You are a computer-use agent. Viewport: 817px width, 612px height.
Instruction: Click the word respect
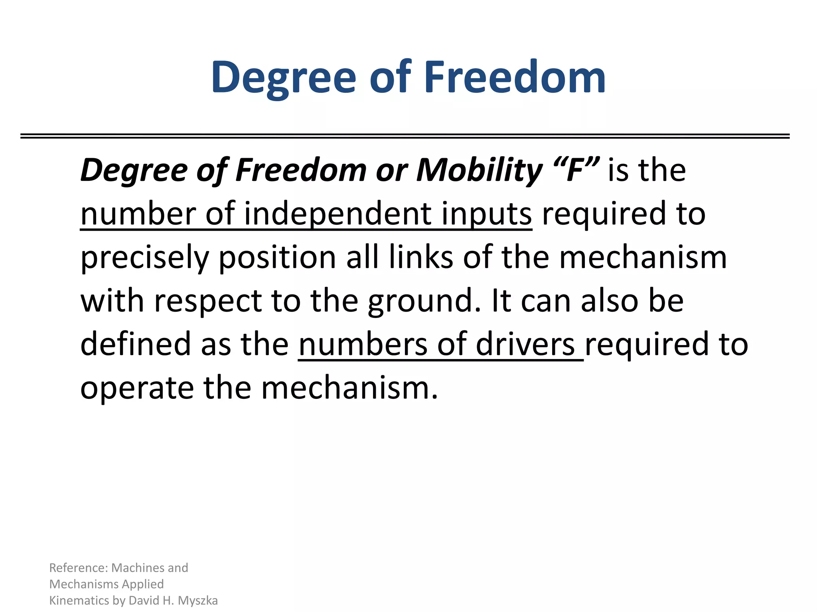208,301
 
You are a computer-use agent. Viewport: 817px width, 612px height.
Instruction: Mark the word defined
136,344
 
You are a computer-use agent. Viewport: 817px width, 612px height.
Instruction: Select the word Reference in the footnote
78,568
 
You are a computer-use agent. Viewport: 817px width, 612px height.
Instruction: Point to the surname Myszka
198,601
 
